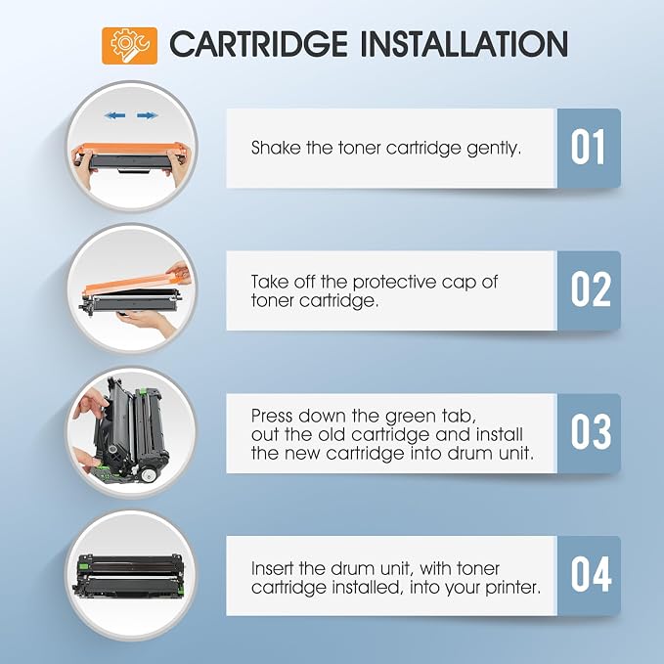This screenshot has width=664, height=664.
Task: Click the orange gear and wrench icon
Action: coord(130,46)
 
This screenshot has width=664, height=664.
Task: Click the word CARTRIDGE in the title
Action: coord(258,44)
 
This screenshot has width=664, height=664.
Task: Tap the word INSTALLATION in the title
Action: coord(465,44)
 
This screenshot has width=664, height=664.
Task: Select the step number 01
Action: coord(588,147)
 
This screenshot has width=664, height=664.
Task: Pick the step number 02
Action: coord(591,289)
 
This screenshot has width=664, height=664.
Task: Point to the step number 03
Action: coord(591,432)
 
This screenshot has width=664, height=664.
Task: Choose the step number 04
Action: coord(591,574)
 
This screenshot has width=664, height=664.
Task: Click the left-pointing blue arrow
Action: coord(114,115)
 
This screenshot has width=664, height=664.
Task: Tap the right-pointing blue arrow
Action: coord(148,115)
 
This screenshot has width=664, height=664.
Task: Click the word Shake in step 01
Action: coord(276,148)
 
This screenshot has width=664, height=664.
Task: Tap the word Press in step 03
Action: coord(272,416)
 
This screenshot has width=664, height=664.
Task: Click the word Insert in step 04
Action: coord(272,568)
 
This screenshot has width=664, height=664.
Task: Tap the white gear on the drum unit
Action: coord(148,474)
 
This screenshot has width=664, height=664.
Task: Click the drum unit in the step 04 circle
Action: coord(129,575)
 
